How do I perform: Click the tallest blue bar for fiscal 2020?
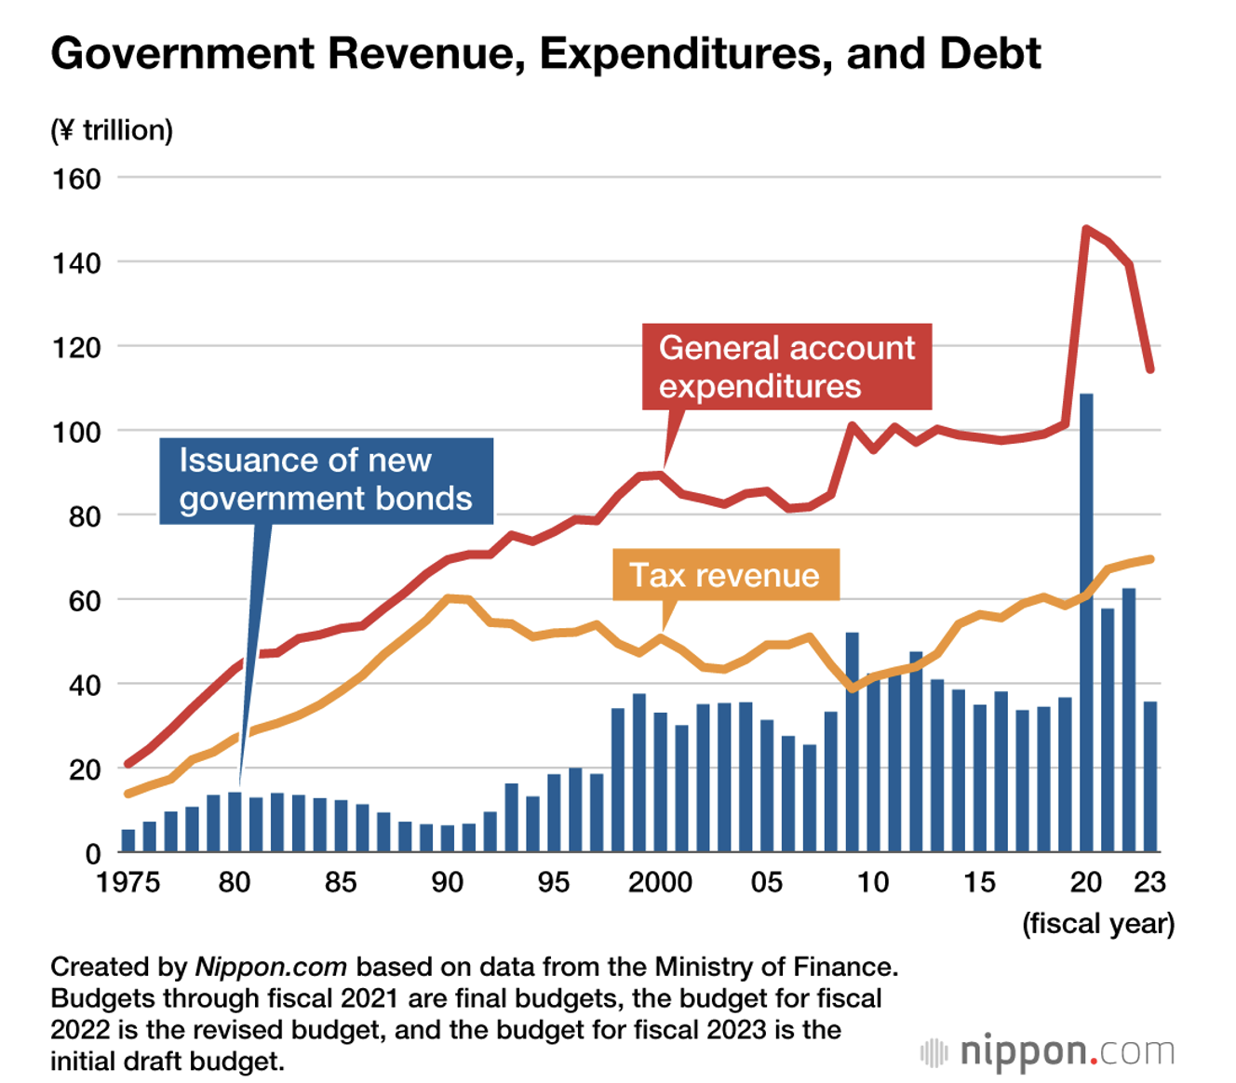(1085, 623)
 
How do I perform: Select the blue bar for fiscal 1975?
(128, 841)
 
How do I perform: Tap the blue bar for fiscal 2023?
(1150, 777)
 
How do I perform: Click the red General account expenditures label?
(786, 367)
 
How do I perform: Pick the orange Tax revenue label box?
(725, 575)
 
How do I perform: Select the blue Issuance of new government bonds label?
(326, 480)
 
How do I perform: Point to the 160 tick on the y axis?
(76, 179)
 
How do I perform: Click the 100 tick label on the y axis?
(76, 432)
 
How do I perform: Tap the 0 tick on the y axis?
(92, 853)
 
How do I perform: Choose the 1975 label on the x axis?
(128, 882)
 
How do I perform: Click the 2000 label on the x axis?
(660, 882)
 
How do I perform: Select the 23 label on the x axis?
(1150, 882)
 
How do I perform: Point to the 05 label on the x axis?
(766, 882)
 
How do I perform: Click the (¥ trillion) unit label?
(112, 129)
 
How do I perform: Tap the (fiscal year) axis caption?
(1098, 924)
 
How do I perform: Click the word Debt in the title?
(990, 54)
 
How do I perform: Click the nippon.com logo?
(1048, 1052)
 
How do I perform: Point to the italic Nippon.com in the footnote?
(271, 968)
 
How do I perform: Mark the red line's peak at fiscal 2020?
(1086, 228)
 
